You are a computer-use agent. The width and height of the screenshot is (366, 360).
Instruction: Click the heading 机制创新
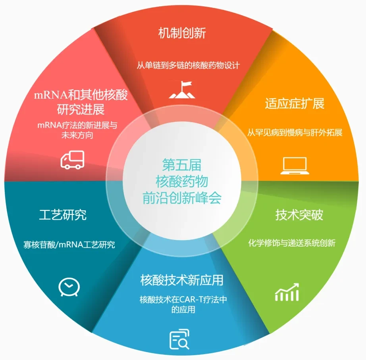182,33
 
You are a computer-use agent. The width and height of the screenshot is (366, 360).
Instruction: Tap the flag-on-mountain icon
182,90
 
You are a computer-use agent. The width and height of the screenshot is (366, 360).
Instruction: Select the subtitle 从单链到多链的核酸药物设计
188,65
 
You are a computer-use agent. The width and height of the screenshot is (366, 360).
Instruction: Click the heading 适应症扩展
295,103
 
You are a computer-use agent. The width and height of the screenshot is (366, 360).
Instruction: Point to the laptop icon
295,166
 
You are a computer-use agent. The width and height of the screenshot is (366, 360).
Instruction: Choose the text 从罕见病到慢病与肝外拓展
295,132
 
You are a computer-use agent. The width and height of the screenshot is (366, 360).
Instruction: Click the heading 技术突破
299,214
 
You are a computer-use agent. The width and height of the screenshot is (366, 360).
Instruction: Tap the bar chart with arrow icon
287,292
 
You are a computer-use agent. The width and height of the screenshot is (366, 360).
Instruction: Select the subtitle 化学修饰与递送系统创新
292,243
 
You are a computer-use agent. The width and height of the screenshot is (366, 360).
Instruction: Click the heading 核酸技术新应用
182,280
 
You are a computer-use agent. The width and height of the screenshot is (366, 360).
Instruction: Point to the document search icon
179,339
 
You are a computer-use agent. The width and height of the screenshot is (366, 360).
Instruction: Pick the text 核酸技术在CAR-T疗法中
183,299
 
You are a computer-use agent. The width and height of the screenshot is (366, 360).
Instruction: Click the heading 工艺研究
63,214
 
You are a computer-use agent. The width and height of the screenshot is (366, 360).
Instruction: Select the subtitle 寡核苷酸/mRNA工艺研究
69,245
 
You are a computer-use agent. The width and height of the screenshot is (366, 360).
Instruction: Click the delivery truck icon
72,159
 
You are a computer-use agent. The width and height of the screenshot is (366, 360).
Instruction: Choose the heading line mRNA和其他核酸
81,95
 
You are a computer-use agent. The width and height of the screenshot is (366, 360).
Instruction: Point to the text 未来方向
77,135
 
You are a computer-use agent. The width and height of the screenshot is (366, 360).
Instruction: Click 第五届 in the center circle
181,165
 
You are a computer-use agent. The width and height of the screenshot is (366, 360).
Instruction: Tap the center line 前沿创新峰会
182,198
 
